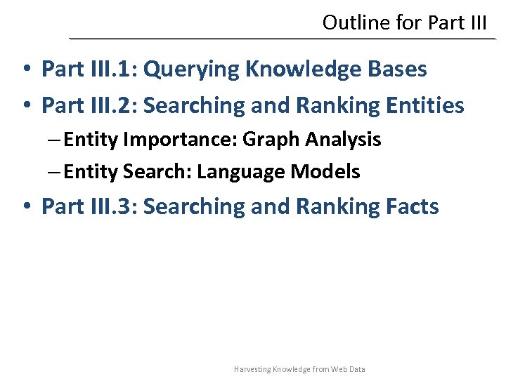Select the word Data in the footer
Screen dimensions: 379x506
356,369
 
